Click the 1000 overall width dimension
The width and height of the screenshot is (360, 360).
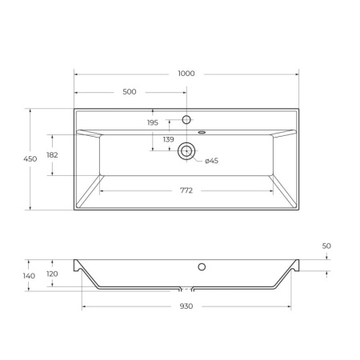pos(186,74)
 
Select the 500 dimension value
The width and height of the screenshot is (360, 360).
pos(129,92)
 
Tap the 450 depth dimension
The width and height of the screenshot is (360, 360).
pos(30,160)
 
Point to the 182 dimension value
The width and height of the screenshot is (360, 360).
pos(52,155)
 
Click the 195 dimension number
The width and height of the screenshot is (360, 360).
pos(153,122)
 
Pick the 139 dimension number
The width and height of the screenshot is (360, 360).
pos(168,140)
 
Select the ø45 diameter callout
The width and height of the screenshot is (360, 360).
pos(211,161)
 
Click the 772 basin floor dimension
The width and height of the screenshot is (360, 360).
pos(186,191)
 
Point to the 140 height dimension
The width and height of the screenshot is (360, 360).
pos(29,276)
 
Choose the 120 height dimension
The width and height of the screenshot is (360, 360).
pos(52,273)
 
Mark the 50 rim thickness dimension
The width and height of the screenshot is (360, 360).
pos(326,246)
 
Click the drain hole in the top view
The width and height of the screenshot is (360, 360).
pos(186,150)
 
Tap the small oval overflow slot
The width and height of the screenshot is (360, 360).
pos(202,131)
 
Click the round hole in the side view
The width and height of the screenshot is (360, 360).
pos(202,266)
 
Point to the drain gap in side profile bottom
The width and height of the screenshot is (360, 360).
pos(186,288)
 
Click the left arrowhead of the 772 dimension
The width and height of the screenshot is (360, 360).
pos(101,191)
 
